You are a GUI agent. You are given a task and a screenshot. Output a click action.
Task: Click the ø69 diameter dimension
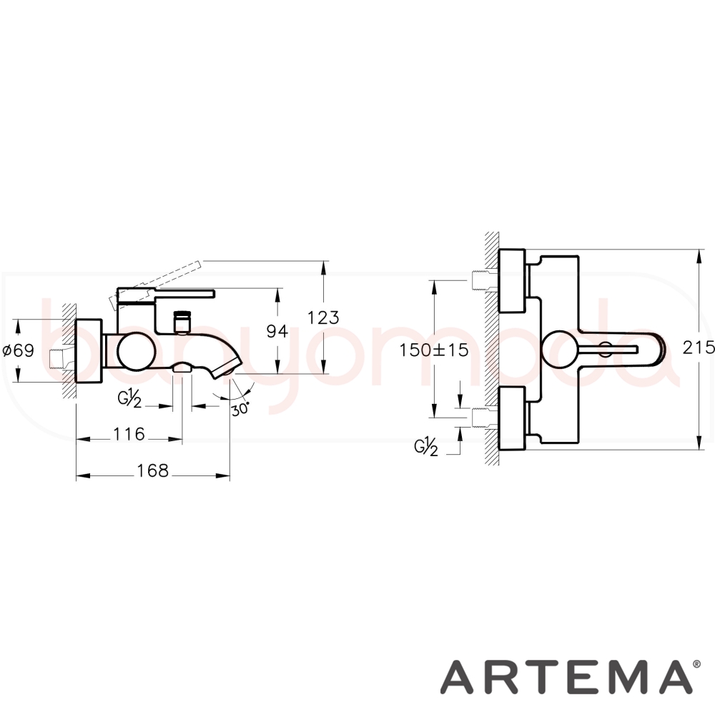point(19,350)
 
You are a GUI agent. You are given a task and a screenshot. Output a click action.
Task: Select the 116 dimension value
point(129,434)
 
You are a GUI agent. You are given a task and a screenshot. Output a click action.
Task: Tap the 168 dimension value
point(153,470)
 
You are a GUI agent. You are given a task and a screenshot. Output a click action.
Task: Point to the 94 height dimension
point(277,332)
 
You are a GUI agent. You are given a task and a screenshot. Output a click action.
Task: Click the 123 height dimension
point(323,317)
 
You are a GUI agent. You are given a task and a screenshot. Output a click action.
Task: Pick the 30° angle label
point(240,408)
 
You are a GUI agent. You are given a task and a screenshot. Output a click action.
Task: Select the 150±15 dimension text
point(434,350)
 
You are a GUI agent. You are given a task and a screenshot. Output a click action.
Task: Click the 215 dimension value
point(699,347)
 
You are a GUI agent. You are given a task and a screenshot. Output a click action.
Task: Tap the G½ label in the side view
point(129,399)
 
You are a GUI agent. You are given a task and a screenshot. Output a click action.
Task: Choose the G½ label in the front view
point(426,448)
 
